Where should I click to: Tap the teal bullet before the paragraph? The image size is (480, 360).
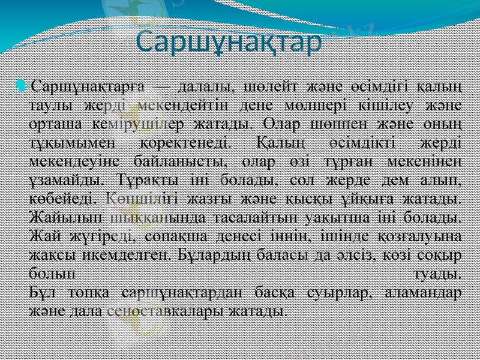(x=22, y=86)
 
